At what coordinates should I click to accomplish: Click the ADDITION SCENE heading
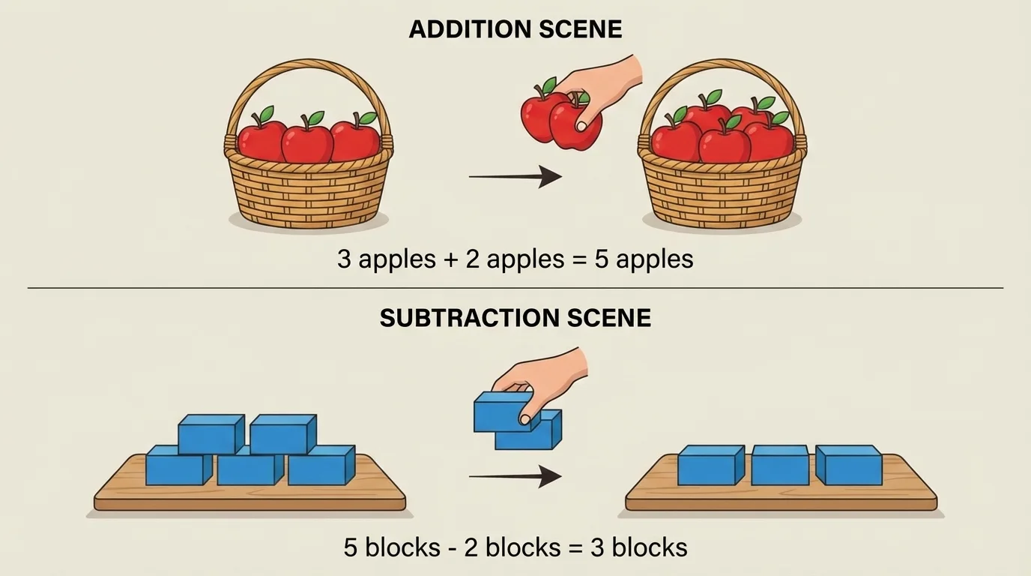[x=515, y=30]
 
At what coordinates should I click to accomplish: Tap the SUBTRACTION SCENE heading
[x=515, y=318]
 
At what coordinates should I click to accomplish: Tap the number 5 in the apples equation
[x=601, y=259]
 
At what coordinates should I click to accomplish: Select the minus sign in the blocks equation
[x=453, y=548]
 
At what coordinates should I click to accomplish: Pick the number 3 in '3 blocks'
[x=598, y=547]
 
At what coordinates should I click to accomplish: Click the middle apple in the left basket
[x=307, y=141]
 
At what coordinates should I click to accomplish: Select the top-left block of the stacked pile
[x=211, y=433]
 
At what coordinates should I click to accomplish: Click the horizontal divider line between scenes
[x=515, y=288]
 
